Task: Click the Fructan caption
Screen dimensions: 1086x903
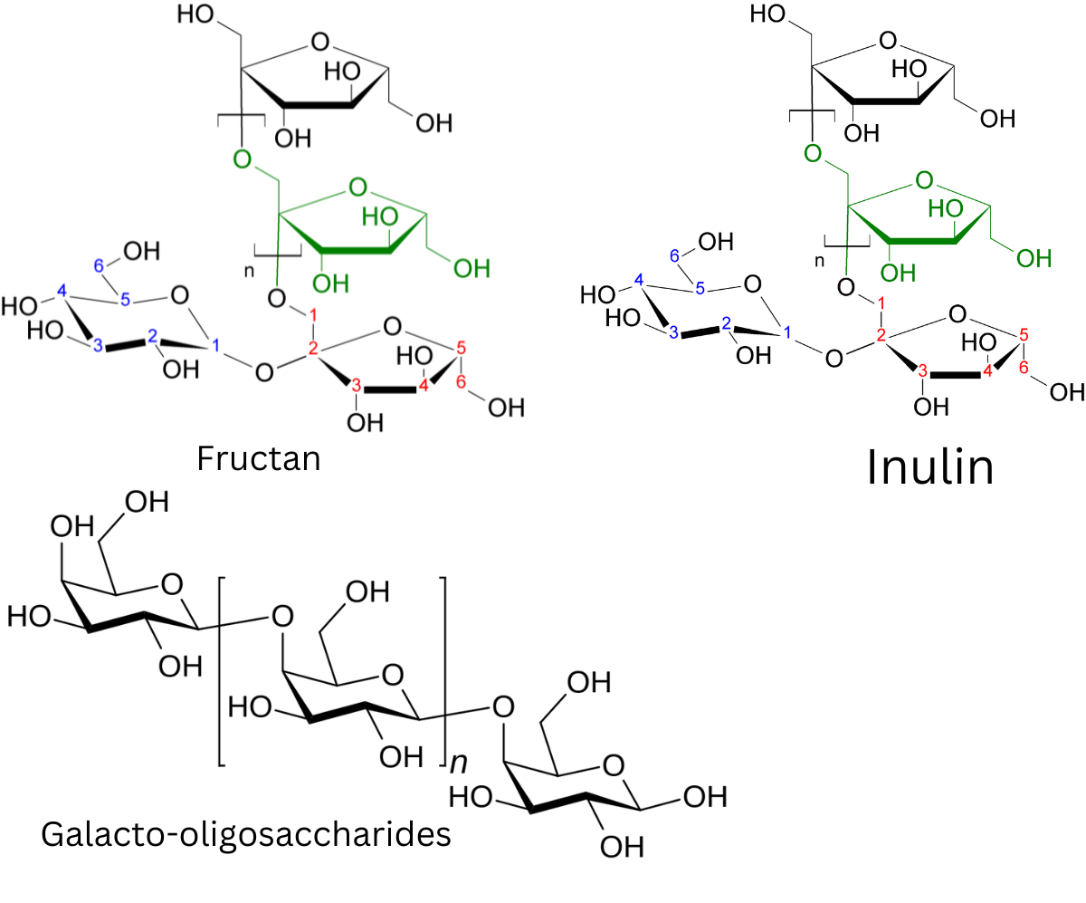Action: point(259,459)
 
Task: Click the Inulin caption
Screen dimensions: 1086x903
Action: point(930,466)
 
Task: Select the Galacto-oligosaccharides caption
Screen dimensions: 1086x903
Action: point(246,835)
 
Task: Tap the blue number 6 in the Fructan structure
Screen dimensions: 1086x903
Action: point(99,266)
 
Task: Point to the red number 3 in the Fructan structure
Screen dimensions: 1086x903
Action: point(356,386)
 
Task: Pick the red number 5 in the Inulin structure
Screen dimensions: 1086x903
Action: point(1024,334)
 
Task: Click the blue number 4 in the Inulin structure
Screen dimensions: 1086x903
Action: point(639,280)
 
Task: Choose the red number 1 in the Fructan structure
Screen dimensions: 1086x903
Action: point(313,314)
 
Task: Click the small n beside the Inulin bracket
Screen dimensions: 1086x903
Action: point(819,261)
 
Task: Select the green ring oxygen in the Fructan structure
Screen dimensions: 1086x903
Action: point(357,187)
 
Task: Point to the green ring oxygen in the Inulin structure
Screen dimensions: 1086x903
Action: point(924,180)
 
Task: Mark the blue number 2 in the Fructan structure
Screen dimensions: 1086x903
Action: point(152,336)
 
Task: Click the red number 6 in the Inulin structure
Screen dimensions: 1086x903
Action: point(1024,368)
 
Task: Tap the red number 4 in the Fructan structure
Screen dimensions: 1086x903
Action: point(424,386)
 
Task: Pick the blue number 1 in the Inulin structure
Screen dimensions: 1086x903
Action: point(787,332)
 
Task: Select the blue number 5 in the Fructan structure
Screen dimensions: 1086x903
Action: point(126,300)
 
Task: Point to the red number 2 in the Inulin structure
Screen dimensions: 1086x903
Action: point(881,335)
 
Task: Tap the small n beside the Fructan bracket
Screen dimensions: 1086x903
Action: point(249,271)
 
